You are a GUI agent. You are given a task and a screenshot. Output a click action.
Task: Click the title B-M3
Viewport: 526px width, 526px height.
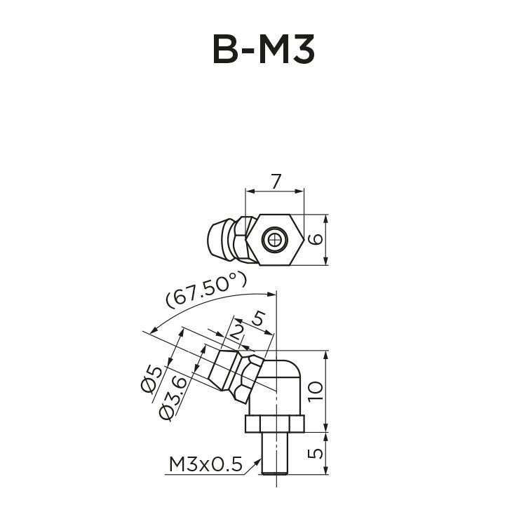tap(263, 50)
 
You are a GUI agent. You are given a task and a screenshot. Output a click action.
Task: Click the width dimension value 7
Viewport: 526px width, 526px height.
tap(276, 180)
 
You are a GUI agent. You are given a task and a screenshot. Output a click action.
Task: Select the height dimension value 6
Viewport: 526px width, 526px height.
tap(317, 239)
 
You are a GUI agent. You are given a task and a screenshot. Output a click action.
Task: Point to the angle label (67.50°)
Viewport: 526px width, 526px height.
tap(206, 290)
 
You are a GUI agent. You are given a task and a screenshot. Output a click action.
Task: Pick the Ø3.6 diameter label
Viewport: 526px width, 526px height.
tap(173, 398)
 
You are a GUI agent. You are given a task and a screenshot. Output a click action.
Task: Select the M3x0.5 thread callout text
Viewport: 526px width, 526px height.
tap(205, 464)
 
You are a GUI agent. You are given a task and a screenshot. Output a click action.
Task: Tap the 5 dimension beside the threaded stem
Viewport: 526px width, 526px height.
tap(317, 452)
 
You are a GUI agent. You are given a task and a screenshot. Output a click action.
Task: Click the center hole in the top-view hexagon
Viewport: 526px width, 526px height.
tap(275, 241)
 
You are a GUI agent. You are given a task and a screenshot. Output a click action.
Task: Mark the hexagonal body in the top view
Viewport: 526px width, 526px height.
tap(275, 240)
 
